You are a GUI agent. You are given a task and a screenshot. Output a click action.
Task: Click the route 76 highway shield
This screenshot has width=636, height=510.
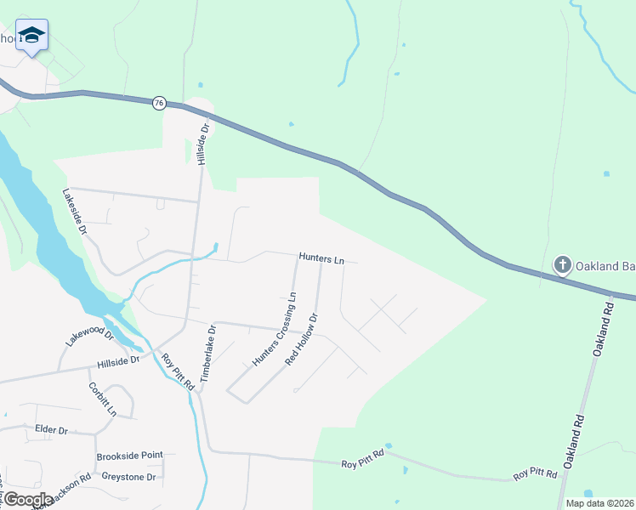tap(159, 103)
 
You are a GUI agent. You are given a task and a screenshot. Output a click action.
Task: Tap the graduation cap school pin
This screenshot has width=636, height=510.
tap(31, 35)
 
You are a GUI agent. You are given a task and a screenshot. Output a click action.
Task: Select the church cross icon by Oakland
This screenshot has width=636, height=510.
tap(562, 266)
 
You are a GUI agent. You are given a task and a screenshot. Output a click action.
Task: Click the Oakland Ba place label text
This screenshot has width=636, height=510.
tap(605, 266)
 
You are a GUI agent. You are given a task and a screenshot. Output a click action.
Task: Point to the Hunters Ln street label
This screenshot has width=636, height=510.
tap(321, 258)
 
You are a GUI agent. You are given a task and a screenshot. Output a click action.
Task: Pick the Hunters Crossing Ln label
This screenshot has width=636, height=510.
tap(275, 329)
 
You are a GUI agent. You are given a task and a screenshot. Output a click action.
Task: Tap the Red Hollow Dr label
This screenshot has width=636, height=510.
tap(302, 339)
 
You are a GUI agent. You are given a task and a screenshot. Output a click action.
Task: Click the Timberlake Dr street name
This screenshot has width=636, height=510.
tap(209, 357)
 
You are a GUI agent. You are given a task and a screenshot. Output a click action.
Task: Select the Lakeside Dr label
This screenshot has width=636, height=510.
tap(75, 212)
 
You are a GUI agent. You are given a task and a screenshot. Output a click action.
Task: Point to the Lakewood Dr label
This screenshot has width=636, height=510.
tap(89, 335)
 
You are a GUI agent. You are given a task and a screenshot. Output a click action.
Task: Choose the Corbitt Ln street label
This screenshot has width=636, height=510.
tap(102, 398)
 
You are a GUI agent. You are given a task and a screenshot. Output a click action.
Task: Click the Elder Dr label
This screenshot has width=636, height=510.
tap(51, 430)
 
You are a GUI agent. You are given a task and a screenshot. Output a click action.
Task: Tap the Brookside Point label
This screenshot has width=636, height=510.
tap(129, 456)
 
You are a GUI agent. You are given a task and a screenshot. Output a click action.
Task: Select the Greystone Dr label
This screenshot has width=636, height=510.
tap(128, 477)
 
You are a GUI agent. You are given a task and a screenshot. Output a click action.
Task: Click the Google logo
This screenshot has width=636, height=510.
tap(27, 500)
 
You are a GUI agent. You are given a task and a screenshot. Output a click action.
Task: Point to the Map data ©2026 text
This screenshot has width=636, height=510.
tap(599, 503)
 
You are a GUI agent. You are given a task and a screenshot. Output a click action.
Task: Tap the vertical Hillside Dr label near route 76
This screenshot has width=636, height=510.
tap(203, 144)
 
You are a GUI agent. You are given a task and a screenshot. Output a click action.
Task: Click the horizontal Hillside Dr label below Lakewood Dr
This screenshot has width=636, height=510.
tap(117, 361)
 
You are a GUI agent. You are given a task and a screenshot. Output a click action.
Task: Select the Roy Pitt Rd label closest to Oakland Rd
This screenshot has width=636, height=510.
tap(535, 473)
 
